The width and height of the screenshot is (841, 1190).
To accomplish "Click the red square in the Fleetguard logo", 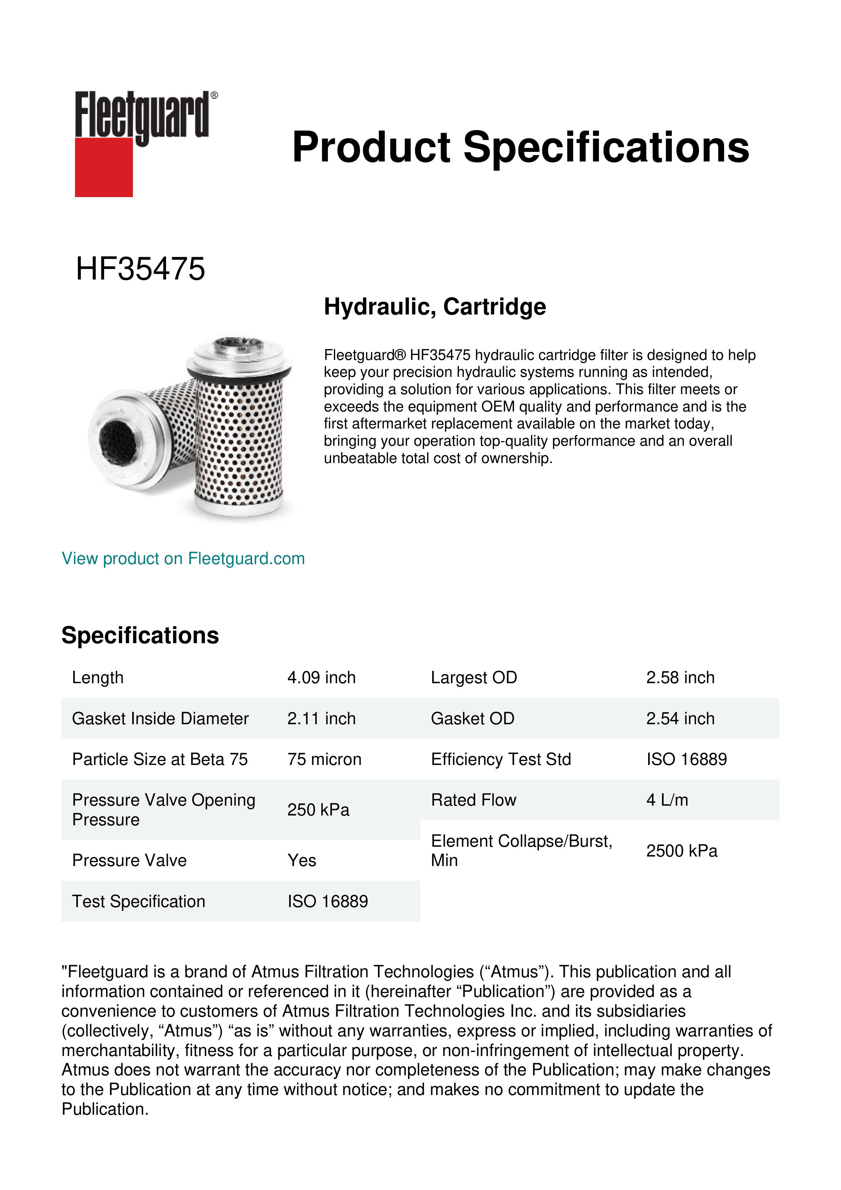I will [104, 167].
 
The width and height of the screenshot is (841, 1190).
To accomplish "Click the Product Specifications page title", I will [520, 147].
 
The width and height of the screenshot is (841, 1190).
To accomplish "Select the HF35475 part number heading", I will [140, 269].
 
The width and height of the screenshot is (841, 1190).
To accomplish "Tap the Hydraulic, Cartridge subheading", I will [435, 306].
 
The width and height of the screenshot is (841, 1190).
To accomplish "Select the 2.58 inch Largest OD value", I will [680, 677].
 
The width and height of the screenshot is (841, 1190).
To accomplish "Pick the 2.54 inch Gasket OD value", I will [680, 718].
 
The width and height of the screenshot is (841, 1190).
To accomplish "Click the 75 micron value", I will [324, 759].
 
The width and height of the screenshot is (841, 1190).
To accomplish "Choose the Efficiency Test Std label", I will [501, 759].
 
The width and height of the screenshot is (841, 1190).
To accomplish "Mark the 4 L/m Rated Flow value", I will [667, 800].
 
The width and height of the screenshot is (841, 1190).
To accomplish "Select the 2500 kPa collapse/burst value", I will [681, 850].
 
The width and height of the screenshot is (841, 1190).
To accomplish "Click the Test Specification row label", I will [138, 901].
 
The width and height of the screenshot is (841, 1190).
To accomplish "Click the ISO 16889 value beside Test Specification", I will [327, 901].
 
